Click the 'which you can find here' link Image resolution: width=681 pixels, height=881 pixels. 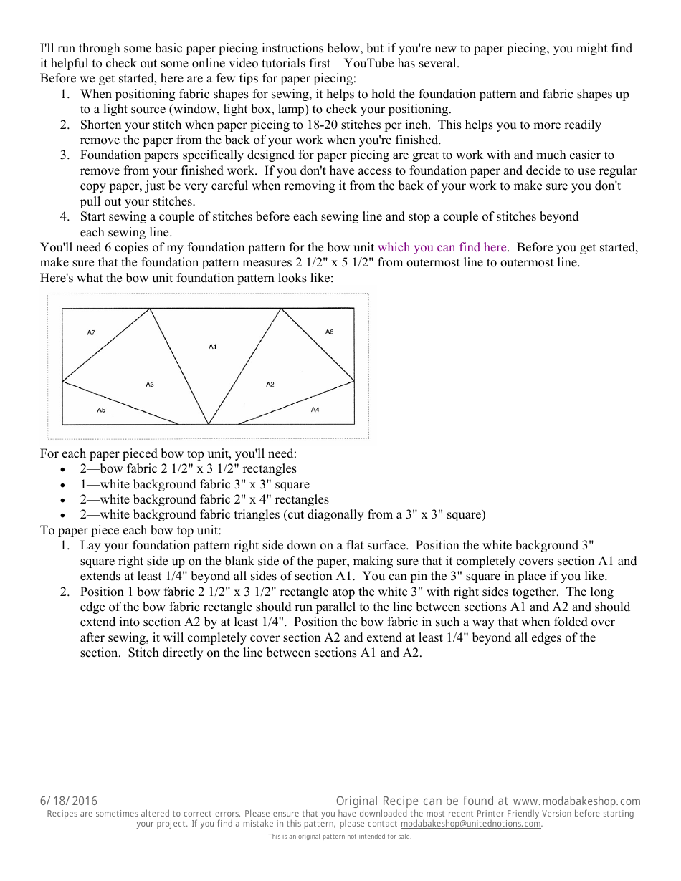tap(442, 248)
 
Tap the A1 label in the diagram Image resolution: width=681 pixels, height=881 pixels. tap(213, 347)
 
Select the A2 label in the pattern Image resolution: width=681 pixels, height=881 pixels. tap(270, 385)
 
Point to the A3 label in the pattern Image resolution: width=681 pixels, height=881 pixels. tap(150, 385)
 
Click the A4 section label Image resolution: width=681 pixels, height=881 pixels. tap(315, 410)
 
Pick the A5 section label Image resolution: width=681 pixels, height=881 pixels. tap(101, 410)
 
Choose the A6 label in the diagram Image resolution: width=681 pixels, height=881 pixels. tap(329, 332)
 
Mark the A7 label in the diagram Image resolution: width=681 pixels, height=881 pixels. tap(91, 332)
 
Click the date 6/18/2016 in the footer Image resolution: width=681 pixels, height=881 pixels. tap(69, 801)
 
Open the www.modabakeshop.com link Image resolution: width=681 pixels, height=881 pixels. tap(576, 801)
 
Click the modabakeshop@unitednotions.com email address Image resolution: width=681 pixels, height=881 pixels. tap(471, 824)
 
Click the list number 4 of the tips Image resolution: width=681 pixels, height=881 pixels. tap(64, 216)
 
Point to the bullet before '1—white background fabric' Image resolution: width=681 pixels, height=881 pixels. tap(64, 485)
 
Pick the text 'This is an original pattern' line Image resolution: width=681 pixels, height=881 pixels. tap(340, 837)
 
